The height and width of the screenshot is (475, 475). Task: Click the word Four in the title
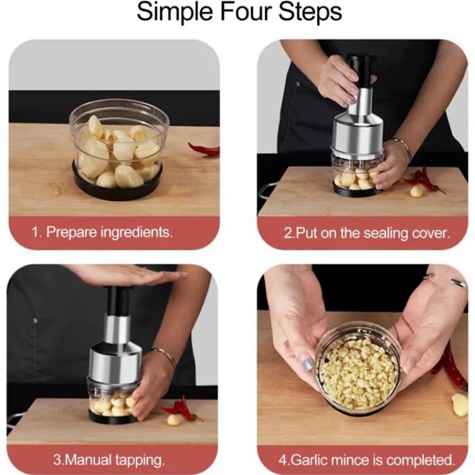tap(245, 12)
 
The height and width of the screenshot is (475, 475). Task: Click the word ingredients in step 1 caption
tap(137, 233)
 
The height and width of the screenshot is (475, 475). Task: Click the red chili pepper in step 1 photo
tap(204, 149)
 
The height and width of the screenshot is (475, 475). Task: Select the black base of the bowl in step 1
tap(117, 185)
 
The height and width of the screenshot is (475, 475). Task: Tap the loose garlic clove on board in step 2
tap(416, 191)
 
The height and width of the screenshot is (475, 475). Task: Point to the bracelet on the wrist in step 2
tap(403, 148)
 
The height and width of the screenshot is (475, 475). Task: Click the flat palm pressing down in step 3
tap(130, 274)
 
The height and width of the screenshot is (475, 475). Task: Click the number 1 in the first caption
tap(36, 233)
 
